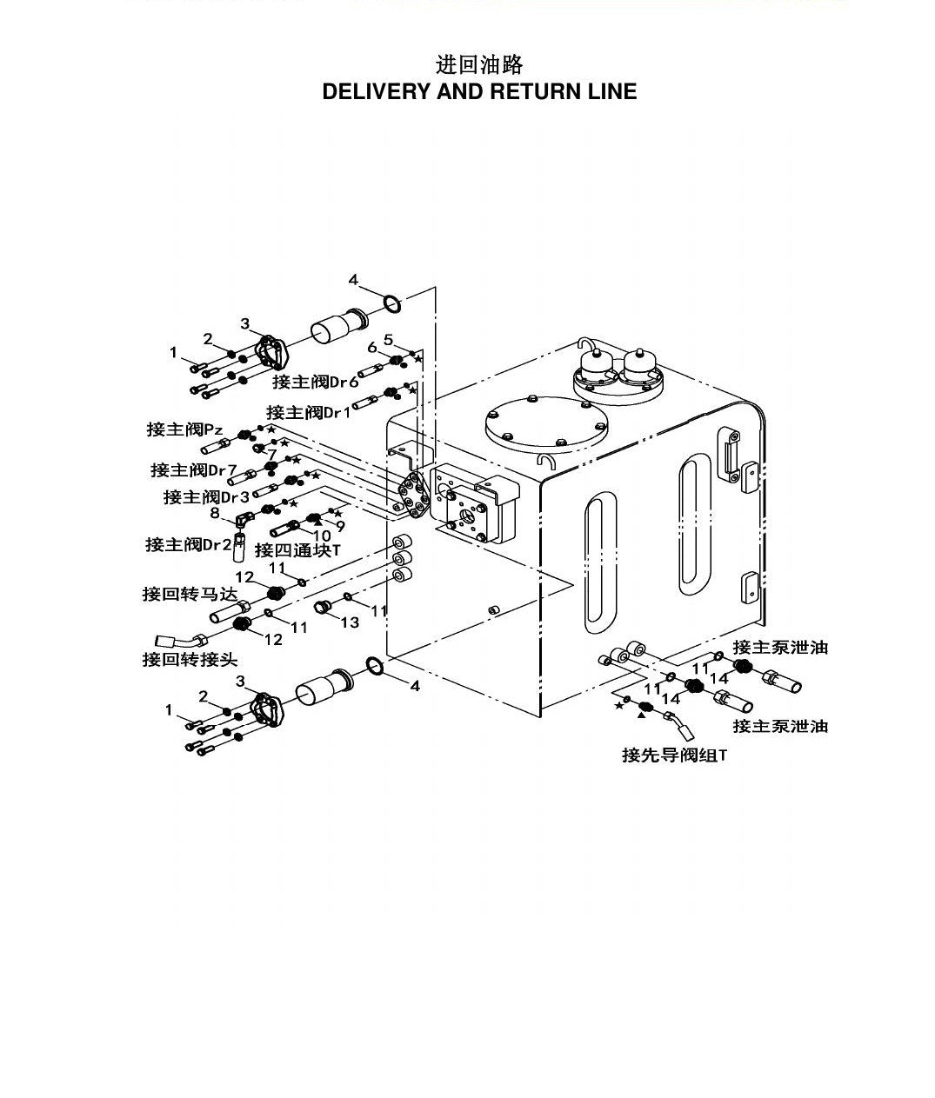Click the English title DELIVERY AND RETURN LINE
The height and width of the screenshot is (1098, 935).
tap(479, 92)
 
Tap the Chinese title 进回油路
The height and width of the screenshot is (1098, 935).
tap(479, 65)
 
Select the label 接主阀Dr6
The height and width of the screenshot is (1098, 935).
tap(316, 382)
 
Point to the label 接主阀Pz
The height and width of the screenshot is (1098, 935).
tap(184, 429)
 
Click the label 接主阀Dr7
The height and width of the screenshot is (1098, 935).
tap(193, 469)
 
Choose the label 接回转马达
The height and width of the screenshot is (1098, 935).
tap(190, 594)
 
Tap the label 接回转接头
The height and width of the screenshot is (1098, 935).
tap(190, 660)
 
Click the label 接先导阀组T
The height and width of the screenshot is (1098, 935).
tap(674, 755)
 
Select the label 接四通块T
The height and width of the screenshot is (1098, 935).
tap(297, 549)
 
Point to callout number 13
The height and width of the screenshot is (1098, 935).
tap(350, 622)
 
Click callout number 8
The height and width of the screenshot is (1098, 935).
tap(215, 513)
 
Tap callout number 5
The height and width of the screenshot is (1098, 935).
tap(389, 339)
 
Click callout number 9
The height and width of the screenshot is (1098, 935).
tap(340, 526)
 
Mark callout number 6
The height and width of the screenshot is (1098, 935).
tap(372, 348)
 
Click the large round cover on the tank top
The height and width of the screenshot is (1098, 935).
tap(546, 424)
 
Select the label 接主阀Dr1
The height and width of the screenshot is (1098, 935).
tap(309, 412)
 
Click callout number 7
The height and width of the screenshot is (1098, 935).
tap(272, 454)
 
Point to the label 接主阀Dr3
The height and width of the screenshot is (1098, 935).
tap(206, 497)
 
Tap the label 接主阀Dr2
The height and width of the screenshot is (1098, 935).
tap(189, 544)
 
